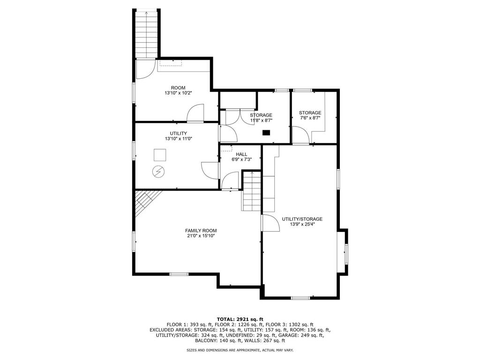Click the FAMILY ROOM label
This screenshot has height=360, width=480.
click(201, 230)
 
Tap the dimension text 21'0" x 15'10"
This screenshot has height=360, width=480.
click(201, 236)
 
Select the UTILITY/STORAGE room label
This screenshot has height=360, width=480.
click(302, 219)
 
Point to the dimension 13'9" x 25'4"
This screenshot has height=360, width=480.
click(302, 225)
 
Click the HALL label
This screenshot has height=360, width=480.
click(241, 154)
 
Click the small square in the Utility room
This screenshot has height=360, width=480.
click(160, 155)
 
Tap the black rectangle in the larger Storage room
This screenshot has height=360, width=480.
click(266, 133)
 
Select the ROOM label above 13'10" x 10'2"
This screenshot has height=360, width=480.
click(178, 88)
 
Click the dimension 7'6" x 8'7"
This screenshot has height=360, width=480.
click(310, 119)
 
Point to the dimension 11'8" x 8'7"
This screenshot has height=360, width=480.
click(261, 120)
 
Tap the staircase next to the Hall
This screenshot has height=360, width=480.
click(252, 191)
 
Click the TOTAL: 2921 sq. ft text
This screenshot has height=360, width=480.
click(240, 319)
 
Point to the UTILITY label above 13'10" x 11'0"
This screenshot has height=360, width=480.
click(178, 134)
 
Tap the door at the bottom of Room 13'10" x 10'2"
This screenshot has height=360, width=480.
click(195, 113)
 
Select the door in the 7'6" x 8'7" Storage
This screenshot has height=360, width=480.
click(301, 135)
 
